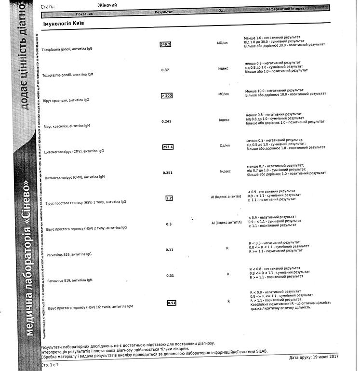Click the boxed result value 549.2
pos(166,44)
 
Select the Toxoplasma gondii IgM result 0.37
pos(165,70)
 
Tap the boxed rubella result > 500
pos(166,95)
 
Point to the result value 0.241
pos(167,121)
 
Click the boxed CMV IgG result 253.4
pos(168,147)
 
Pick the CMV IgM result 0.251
pos(168,172)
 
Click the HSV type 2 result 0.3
pos(169,224)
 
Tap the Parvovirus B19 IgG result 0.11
pos(170,250)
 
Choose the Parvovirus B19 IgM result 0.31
pos(170,276)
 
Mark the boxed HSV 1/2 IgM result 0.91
pos(172,303)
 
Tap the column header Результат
pos(164,11)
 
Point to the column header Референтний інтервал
pos(286,8)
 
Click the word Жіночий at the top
pos(107,5)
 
